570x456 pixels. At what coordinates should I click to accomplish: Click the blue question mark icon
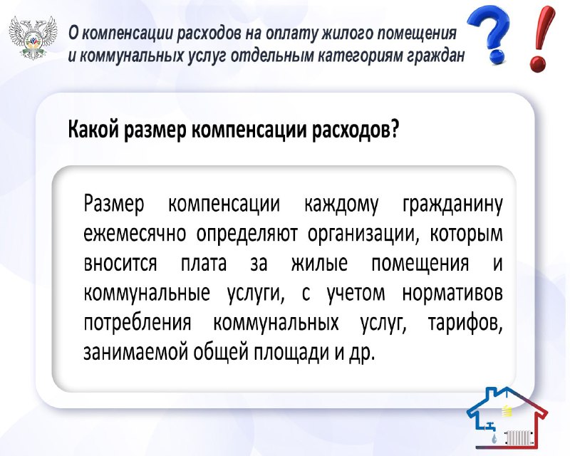point(489,36)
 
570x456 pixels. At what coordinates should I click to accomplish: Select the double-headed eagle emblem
point(33,38)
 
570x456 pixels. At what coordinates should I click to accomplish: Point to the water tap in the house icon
point(491,426)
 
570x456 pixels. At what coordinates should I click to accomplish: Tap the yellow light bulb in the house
point(507,410)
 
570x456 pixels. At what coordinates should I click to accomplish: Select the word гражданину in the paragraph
point(452,204)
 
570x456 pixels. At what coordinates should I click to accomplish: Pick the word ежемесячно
point(135,234)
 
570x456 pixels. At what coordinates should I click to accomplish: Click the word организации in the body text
point(363,234)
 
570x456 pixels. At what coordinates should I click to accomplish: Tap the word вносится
point(120,264)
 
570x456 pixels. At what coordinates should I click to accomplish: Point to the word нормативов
point(452,294)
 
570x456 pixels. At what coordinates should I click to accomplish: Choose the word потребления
point(138,323)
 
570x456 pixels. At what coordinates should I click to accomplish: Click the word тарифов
point(465,322)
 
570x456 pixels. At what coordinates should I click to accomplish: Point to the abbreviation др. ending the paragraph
point(361,353)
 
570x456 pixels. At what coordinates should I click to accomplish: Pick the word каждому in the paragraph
point(341,204)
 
